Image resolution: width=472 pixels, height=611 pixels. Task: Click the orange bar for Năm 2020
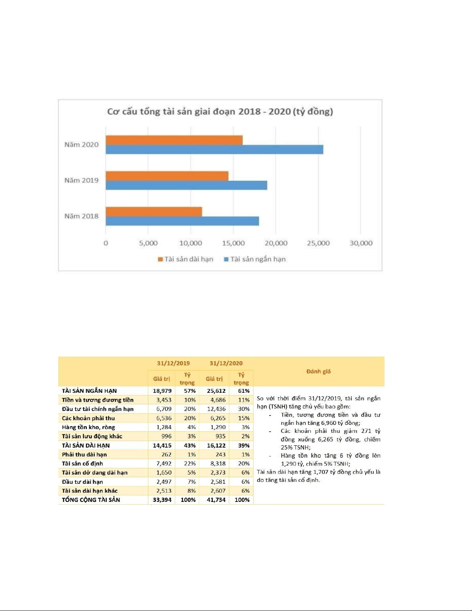174,140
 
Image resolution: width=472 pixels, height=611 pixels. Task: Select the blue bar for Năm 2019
186,185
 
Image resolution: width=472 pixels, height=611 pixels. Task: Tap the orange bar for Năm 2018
154,212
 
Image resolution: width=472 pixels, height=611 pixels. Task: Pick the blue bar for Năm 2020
214,150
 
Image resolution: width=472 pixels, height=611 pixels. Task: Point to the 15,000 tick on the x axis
233,243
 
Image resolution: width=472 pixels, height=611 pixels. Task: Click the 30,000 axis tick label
361,243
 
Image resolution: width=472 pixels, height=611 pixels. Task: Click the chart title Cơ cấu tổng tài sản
220,112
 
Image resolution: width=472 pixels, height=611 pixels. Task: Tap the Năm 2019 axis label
81,180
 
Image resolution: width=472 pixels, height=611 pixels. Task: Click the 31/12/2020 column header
226,363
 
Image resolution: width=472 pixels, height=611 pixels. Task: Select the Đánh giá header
318,372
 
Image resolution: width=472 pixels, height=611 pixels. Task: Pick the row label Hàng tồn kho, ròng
89,427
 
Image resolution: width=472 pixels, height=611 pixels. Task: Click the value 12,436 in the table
216,409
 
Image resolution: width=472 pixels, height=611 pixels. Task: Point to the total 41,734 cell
216,500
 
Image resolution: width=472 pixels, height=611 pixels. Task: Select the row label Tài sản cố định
82,463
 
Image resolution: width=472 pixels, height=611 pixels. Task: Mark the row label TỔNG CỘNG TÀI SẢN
91,500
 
